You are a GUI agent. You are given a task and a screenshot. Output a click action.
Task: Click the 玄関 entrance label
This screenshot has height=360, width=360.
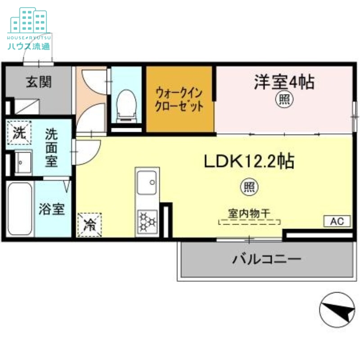(x=38, y=82)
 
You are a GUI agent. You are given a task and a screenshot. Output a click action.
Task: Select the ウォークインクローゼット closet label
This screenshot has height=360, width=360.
(x=179, y=99)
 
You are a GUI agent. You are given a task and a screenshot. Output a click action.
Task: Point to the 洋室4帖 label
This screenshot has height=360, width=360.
(x=284, y=82)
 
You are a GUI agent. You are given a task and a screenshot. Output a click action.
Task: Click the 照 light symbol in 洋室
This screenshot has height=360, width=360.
(x=284, y=99)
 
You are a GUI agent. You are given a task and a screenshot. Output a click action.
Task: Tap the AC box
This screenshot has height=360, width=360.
(x=337, y=221)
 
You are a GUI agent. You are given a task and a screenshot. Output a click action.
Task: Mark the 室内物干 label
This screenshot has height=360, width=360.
(x=249, y=213)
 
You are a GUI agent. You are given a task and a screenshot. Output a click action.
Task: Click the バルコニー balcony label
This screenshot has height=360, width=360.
(x=266, y=259)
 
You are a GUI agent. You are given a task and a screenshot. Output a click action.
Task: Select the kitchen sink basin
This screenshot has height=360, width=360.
(x=147, y=183)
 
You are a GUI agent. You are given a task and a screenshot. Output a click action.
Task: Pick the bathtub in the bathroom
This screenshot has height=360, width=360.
(x=20, y=209)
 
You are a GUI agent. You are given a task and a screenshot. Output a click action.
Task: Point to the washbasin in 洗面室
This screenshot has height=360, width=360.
(x=22, y=162)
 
